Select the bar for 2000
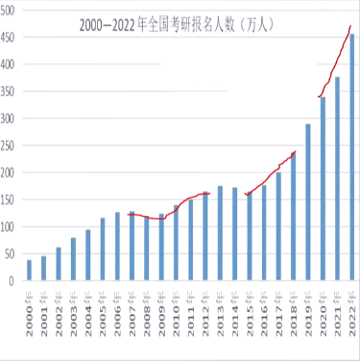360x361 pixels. [29, 271]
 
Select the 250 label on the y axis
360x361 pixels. [10, 146]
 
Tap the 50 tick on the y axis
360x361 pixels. [12, 254]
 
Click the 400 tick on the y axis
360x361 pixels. [10, 64]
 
